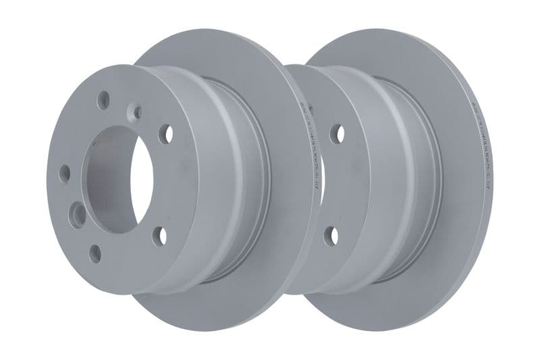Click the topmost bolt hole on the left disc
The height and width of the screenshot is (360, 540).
103,101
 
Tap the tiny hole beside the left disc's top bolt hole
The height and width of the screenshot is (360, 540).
137,112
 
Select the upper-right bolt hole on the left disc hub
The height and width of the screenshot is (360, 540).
165,134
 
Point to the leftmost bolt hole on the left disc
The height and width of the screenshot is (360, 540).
65,174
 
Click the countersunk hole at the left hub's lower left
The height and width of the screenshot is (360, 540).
79,215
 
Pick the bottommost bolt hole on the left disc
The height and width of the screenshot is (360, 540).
95,254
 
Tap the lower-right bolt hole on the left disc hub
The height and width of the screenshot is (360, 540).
160,236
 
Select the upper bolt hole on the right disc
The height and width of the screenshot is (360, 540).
336,134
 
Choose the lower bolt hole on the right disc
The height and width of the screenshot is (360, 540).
331,236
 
